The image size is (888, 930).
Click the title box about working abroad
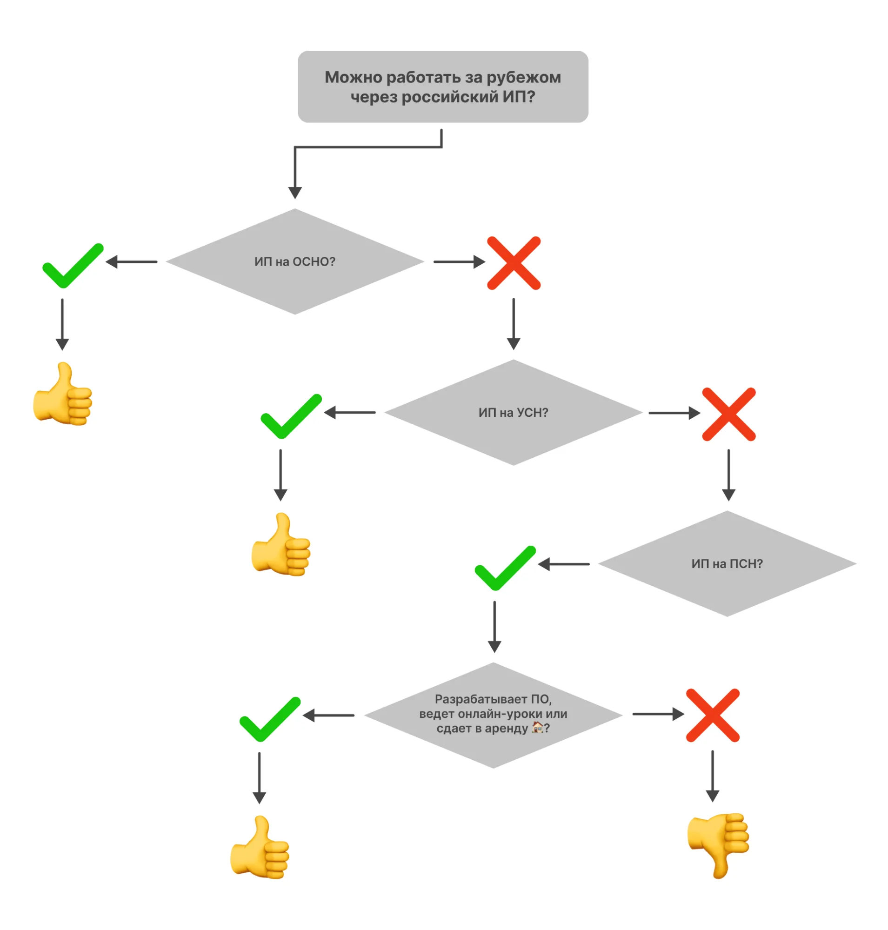(x=442, y=87)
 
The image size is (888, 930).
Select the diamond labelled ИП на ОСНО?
(x=295, y=261)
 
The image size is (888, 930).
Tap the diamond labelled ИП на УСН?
(x=513, y=413)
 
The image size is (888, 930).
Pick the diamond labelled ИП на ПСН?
(x=727, y=563)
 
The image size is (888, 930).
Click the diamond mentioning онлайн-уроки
(x=493, y=715)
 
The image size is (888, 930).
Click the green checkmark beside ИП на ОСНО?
(x=73, y=266)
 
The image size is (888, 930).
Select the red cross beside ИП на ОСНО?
(x=514, y=263)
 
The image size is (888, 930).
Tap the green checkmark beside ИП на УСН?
(x=291, y=416)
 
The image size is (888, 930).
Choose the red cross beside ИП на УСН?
(x=728, y=415)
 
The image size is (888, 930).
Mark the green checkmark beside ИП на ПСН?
(x=505, y=568)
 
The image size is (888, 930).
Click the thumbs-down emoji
(x=718, y=845)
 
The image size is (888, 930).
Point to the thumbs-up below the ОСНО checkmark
(x=62, y=394)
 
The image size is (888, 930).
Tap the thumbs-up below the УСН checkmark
(x=280, y=544)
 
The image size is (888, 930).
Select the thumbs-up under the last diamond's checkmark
(x=260, y=847)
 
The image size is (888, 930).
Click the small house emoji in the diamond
(x=537, y=727)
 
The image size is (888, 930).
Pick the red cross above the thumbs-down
(x=712, y=715)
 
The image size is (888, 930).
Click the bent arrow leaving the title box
(x=368, y=147)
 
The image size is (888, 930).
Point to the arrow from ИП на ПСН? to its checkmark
(x=564, y=564)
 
